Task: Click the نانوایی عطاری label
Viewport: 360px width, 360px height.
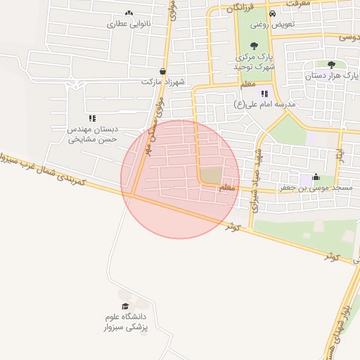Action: [x=129, y=23]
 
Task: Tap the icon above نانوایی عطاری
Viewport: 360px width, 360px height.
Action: [x=129, y=13]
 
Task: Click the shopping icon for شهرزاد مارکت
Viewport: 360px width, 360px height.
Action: [x=163, y=71]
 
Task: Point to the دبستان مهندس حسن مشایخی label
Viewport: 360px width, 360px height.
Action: [x=91, y=134]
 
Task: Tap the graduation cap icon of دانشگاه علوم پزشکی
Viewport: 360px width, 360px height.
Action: [x=126, y=307]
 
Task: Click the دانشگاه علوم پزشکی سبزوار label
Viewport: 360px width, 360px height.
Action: [x=127, y=322]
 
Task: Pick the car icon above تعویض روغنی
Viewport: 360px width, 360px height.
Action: [x=272, y=13]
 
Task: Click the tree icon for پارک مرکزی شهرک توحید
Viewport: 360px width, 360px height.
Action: [x=254, y=45]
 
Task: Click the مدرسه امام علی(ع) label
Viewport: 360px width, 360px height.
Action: [x=265, y=104]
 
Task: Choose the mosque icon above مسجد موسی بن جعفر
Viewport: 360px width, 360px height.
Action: [x=316, y=177]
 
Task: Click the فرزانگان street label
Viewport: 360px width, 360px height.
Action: [x=240, y=8]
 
